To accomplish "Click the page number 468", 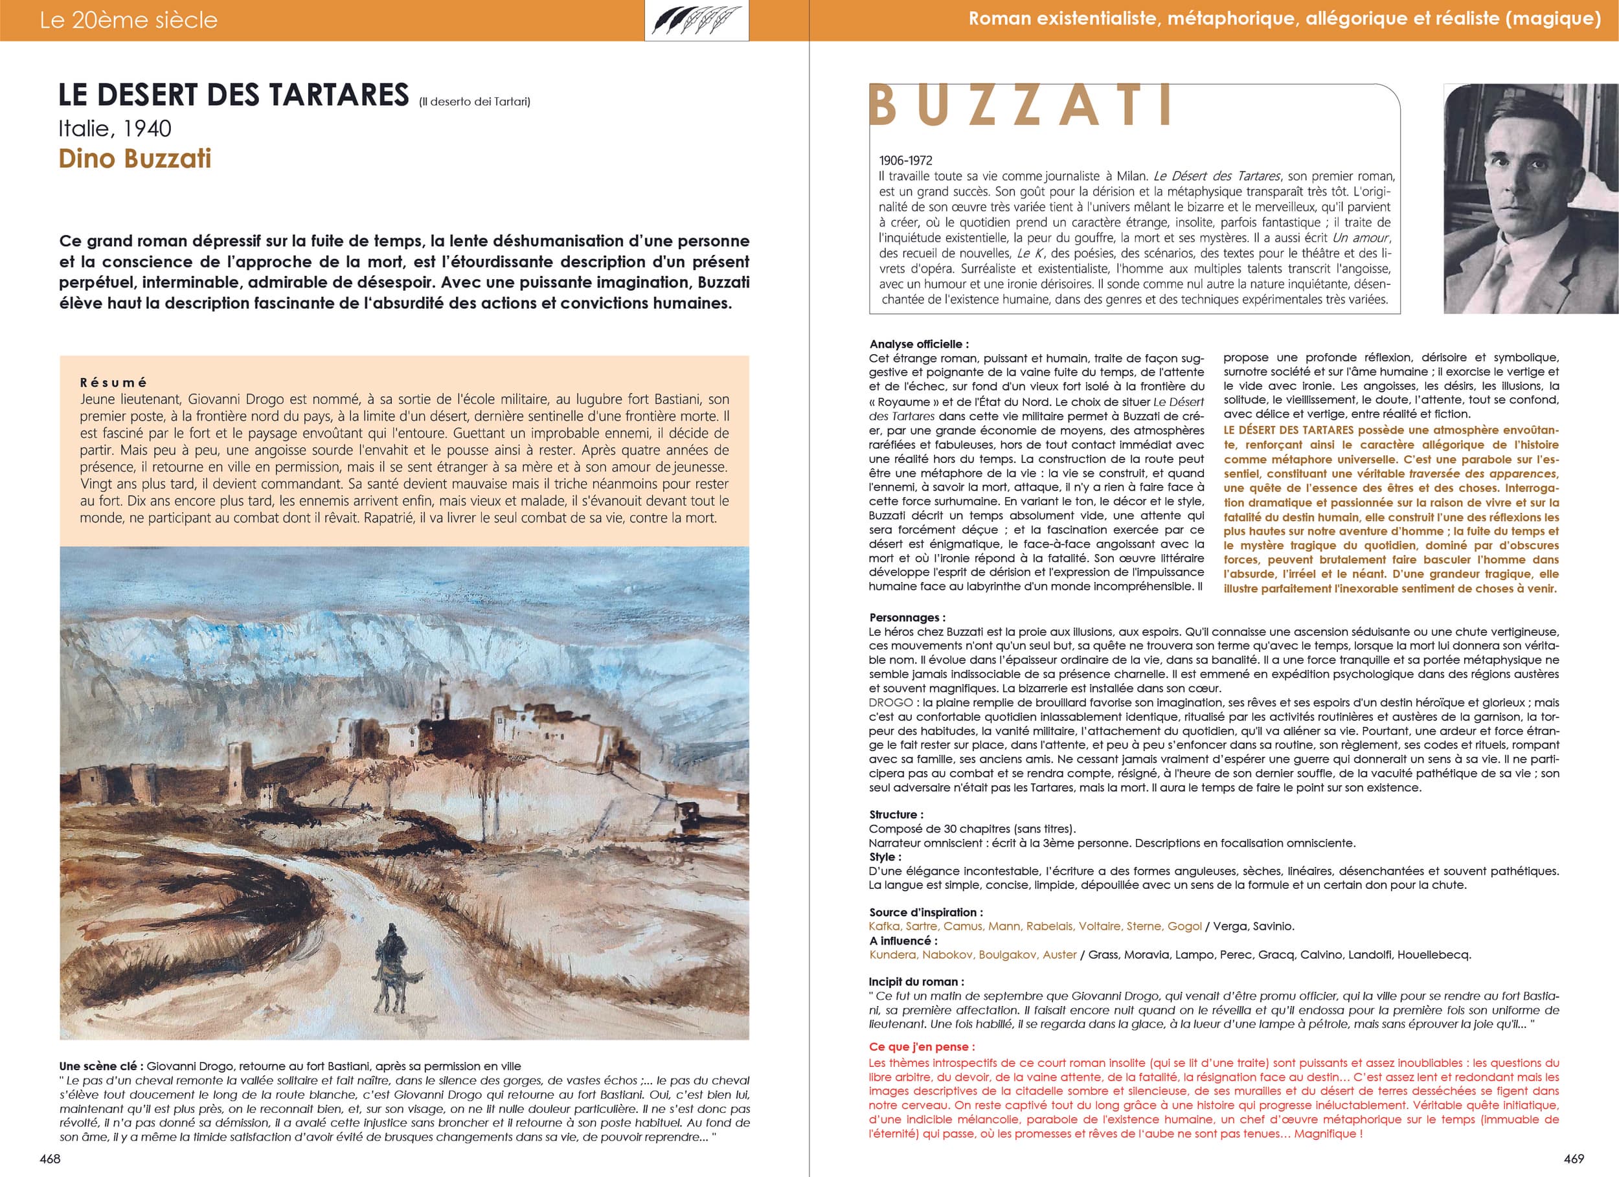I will click(x=50, y=1158).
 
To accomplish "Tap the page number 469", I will click(x=1568, y=1158).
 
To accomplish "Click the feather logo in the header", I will click(x=697, y=20).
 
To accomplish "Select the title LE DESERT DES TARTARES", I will click(x=233, y=95).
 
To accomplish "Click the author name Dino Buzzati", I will click(x=135, y=159).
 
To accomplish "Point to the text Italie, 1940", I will click(x=115, y=128).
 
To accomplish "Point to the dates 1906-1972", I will click(x=905, y=161).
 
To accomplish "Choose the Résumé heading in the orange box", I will click(x=113, y=382).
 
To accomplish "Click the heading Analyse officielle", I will click(x=919, y=344).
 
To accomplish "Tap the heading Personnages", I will click(x=907, y=618).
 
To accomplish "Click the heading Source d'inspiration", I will click(x=925, y=912).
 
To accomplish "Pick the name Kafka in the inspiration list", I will click(x=885, y=926).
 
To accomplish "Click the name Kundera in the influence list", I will click(x=892, y=954).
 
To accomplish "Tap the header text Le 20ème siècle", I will click(x=128, y=20).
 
